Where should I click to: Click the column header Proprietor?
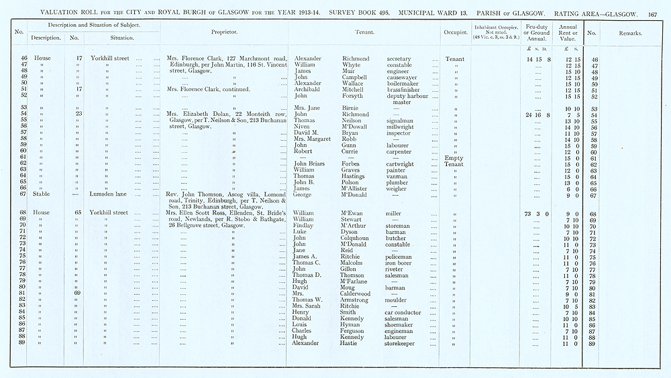pos(223,32)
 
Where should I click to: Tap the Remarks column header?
pos(630,32)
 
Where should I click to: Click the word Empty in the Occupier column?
pos(454,158)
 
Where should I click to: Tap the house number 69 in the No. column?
pos(78,294)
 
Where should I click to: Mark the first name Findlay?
pos(305,226)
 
